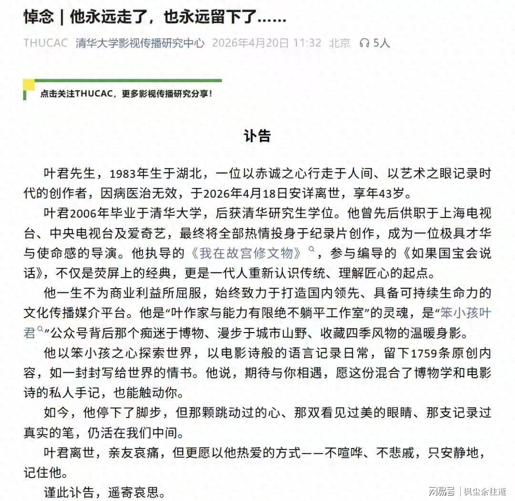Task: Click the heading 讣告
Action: [x=257, y=136]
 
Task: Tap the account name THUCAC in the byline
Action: [x=46, y=43]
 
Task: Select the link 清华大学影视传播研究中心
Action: [x=140, y=43]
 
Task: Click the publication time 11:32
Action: [x=307, y=43]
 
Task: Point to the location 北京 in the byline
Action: [x=340, y=43]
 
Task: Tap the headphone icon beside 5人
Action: [x=365, y=43]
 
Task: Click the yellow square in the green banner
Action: [x=29, y=85]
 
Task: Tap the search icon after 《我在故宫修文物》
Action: [x=312, y=250]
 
